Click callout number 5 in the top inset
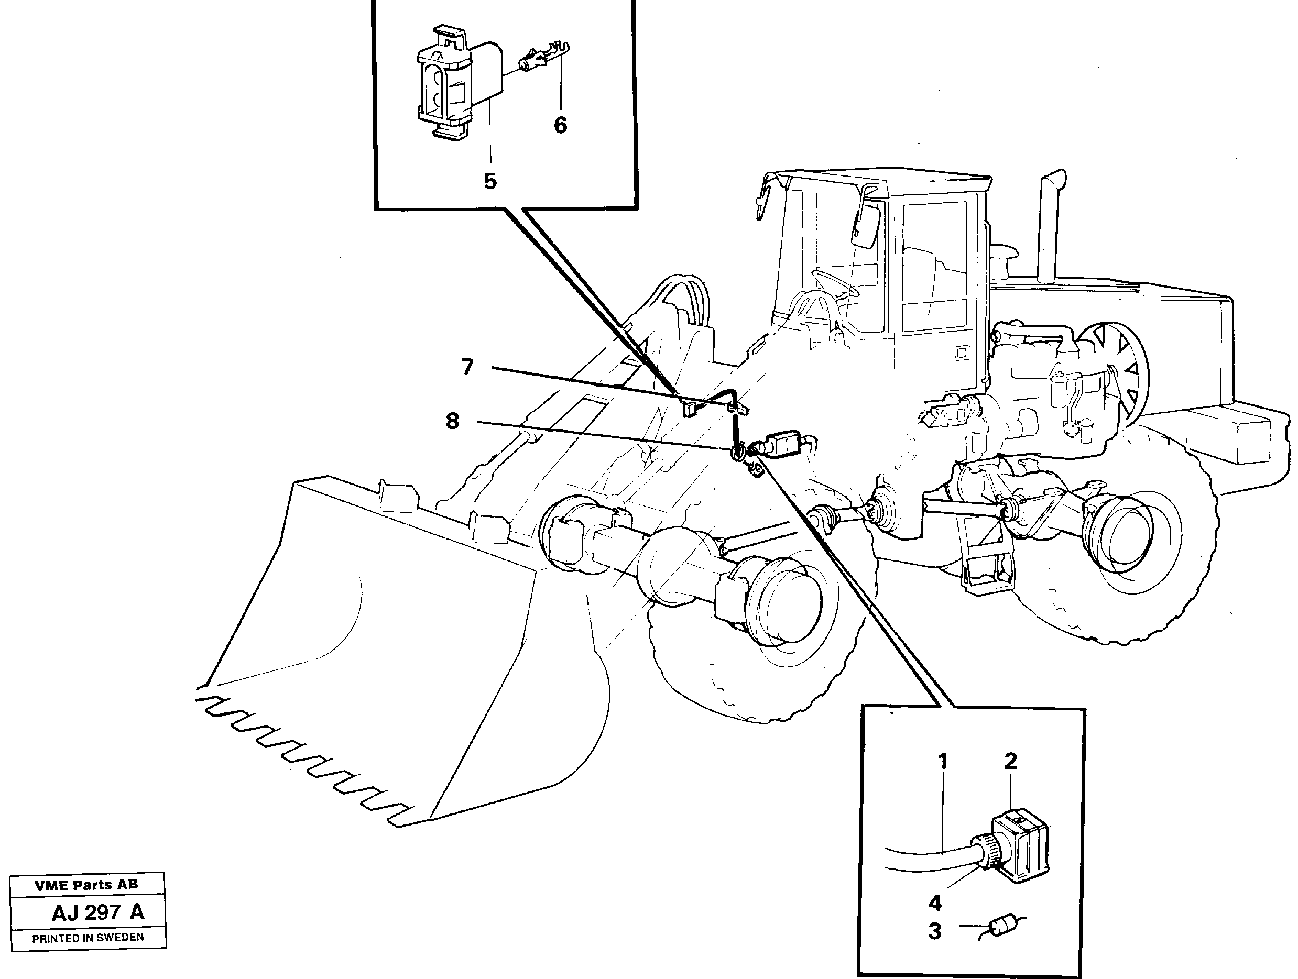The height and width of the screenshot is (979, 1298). point(490,181)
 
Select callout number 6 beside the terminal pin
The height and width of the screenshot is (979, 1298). point(560,125)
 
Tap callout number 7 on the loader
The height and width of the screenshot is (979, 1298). point(467,368)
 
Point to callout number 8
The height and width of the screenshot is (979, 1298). point(452,421)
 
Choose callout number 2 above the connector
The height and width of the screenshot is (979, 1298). point(1010,762)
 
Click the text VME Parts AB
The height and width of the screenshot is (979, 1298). point(86,885)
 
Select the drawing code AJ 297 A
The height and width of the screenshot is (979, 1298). point(97,912)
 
